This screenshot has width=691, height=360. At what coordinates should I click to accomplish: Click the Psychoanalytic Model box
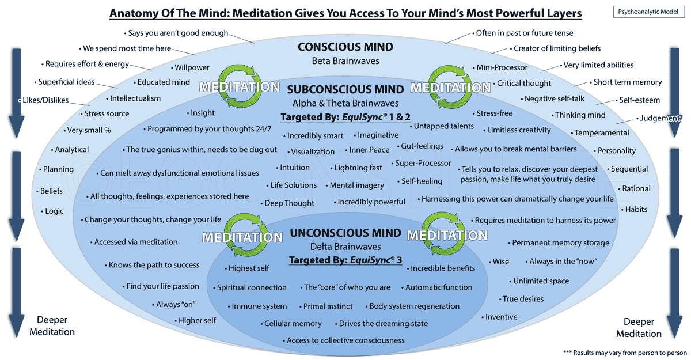[x=648, y=12]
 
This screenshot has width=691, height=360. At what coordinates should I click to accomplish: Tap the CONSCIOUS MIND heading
[x=345, y=47]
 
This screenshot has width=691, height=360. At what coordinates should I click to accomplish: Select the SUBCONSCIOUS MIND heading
[x=345, y=89]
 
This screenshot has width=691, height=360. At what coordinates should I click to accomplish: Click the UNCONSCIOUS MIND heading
[x=345, y=233]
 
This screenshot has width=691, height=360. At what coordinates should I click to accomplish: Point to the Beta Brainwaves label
[x=345, y=61]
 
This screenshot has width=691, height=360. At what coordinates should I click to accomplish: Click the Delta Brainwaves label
[x=345, y=247]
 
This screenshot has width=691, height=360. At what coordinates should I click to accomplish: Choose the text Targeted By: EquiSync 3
[x=345, y=260]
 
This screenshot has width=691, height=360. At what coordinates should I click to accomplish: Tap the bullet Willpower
[x=190, y=67]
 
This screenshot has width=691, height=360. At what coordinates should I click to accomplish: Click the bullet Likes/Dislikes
[x=44, y=100]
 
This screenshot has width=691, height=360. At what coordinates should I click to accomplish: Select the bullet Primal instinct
[x=326, y=306]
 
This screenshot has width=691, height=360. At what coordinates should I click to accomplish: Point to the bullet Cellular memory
[x=291, y=324]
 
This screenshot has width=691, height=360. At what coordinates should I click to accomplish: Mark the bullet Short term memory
[x=626, y=82]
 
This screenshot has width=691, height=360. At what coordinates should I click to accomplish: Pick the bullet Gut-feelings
[x=420, y=146]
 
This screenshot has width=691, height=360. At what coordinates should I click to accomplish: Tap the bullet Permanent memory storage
[x=559, y=243]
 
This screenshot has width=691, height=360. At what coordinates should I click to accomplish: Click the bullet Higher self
[x=195, y=320]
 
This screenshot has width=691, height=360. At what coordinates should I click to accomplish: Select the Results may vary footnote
[x=625, y=353]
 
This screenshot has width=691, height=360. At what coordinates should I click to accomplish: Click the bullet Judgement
[x=658, y=118]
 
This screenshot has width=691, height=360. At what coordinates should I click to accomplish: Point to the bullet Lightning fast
[x=356, y=168]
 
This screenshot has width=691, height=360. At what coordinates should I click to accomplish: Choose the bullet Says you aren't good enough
[x=176, y=33]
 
